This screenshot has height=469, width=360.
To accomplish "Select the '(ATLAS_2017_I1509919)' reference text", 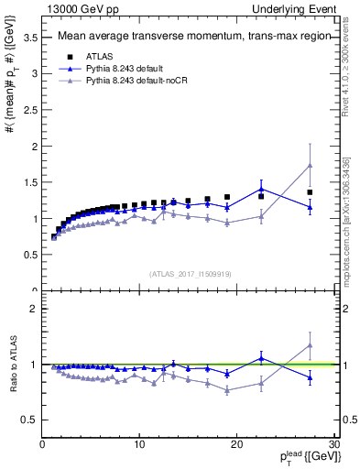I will (x=189, y=273).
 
